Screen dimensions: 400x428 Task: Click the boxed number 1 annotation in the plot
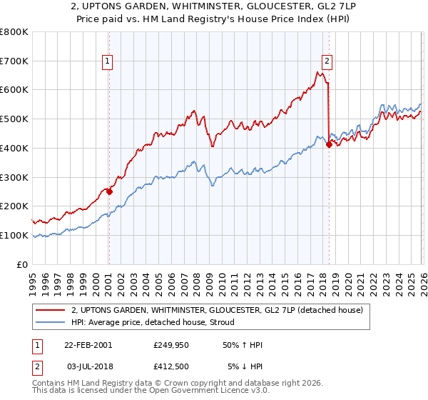point(108,62)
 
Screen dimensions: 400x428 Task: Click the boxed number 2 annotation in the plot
point(327,62)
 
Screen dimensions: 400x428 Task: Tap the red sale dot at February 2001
point(109,191)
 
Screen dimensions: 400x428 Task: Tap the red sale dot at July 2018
point(329,144)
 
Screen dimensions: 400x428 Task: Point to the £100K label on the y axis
point(15,235)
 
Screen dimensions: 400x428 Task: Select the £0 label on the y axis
point(23,264)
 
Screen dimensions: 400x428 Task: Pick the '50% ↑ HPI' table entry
point(242,345)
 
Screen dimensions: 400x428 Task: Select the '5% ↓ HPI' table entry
point(244,366)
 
